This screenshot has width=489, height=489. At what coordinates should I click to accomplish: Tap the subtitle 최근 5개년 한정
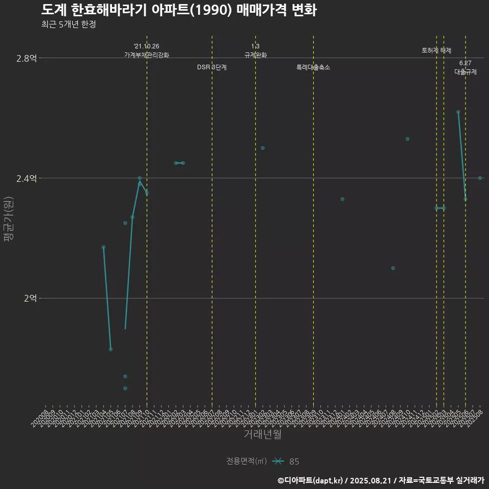pos(69,24)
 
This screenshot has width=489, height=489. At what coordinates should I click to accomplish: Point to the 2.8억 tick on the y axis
pos(26,58)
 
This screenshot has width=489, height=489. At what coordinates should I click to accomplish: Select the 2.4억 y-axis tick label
pos(26,178)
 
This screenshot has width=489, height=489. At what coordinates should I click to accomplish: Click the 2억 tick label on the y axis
pos(30,298)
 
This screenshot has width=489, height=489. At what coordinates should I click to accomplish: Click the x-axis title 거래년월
pos(262,434)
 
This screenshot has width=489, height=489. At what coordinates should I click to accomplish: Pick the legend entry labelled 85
pos(294,461)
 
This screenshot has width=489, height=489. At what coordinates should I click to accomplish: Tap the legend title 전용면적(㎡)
pos(247,461)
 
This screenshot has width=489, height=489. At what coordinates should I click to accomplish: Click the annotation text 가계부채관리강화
pos(147,55)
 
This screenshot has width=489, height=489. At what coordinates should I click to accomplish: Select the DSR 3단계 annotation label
pos(212,67)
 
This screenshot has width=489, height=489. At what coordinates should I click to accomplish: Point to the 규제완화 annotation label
pos(256,55)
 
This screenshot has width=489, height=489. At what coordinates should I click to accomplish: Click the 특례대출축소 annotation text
pos(313,67)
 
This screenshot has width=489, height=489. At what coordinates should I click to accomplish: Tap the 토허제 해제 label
pos(437,50)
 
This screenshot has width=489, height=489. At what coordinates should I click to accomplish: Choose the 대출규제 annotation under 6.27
pos(466,72)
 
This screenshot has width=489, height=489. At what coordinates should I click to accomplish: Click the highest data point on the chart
pos(458,112)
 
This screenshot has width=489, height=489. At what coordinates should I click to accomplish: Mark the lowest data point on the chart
pos(125,388)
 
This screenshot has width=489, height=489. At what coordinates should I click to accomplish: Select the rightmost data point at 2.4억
pos(480,178)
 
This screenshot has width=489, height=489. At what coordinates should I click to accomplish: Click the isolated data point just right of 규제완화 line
pos(263,148)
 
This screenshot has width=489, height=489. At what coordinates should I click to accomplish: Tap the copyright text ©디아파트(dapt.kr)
pos(311,480)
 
